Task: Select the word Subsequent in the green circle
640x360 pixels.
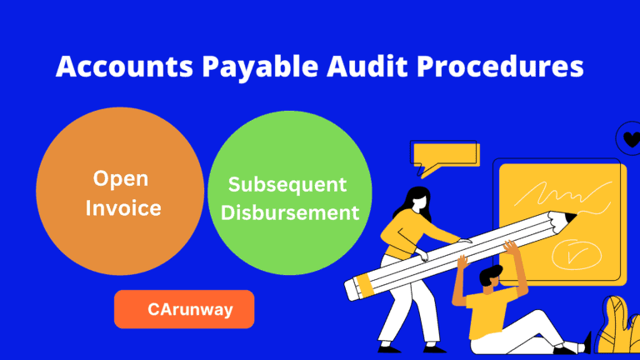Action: coord(287,185)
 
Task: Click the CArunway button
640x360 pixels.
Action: coord(183,309)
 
